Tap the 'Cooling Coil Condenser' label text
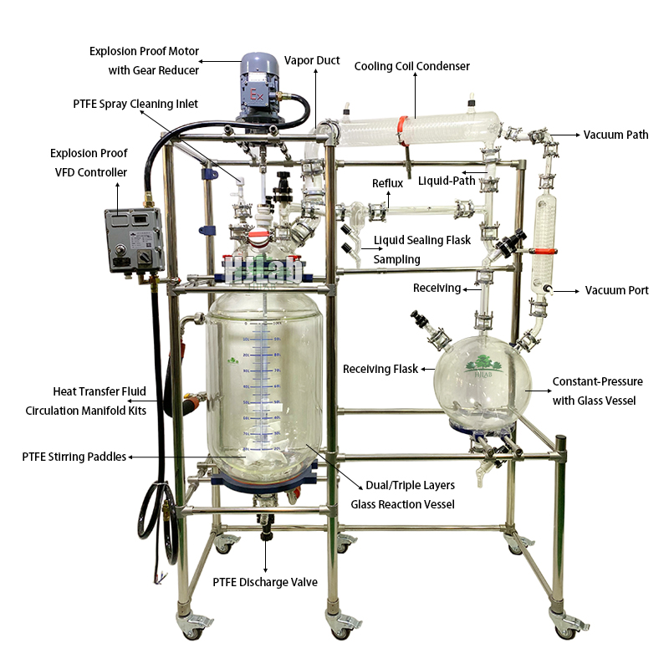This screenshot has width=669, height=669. [411, 66]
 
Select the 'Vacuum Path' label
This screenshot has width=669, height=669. [615, 135]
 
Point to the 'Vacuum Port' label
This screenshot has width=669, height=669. [616, 290]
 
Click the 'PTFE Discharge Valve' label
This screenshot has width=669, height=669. [264, 582]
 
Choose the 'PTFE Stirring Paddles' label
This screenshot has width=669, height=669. [74, 457]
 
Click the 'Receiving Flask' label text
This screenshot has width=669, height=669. [380, 369]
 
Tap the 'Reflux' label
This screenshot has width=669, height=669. [387, 183]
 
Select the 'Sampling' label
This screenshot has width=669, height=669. [396, 259]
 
